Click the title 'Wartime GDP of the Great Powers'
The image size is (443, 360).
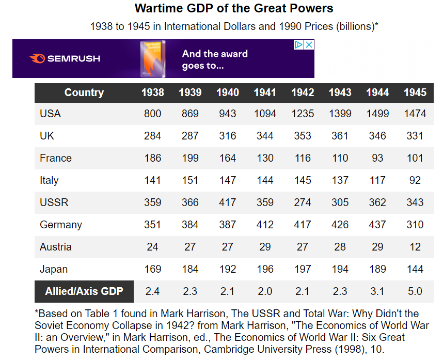(x=234, y=9)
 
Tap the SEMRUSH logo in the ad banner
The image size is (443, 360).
(x=65, y=59)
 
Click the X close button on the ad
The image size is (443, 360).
(x=309, y=45)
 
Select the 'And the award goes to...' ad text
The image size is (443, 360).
(x=215, y=59)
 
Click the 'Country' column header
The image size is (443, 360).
(x=84, y=92)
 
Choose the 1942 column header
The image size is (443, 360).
(x=303, y=92)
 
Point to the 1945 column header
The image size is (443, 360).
(x=415, y=92)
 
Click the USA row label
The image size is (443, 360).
(x=50, y=114)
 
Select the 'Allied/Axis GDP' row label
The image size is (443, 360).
(x=84, y=291)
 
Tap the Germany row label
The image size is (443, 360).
(x=60, y=225)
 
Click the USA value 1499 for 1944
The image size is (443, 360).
(x=377, y=114)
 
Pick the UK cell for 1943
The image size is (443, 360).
(x=340, y=136)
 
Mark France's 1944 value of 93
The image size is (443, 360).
(x=377, y=158)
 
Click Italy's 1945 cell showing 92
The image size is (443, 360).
(x=415, y=180)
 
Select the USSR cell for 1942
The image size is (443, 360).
(x=303, y=202)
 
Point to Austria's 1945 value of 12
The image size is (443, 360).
(x=415, y=247)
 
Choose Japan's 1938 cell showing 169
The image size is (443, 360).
(x=152, y=269)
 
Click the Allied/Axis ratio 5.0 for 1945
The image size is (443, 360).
(x=415, y=291)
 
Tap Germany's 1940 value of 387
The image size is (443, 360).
(x=227, y=225)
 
